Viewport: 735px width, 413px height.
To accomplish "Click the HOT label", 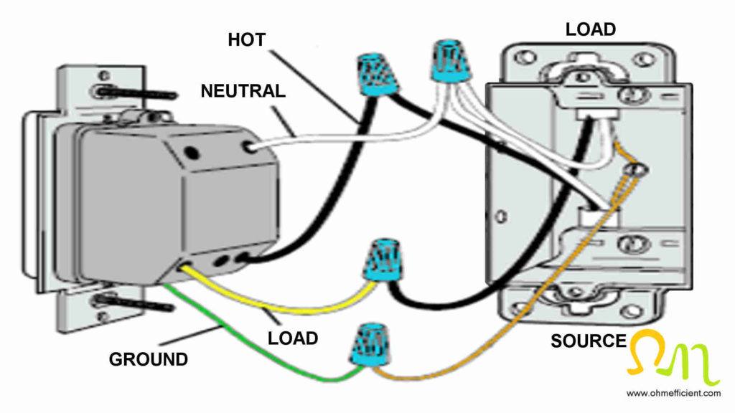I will tap(246, 39).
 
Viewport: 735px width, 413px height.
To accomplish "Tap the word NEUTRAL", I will tap(243, 91).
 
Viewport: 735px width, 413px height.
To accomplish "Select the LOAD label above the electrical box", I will tap(590, 29).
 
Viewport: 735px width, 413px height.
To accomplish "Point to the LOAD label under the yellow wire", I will tap(293, 336).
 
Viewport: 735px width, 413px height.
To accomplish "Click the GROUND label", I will tap(149, 359).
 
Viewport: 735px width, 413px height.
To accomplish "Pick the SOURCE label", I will tap(589, 341).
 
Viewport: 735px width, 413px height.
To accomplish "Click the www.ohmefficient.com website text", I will tap(673, 393).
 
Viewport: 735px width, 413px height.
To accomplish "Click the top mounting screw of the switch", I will tap(136, 93).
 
